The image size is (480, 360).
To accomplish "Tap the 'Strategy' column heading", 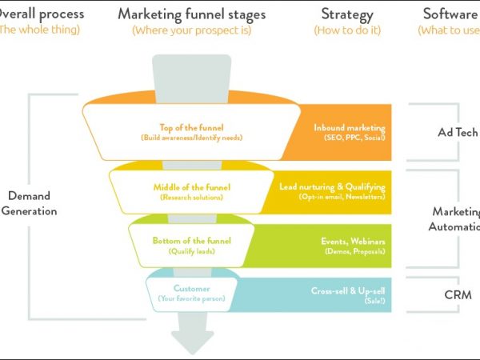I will pos(346,14).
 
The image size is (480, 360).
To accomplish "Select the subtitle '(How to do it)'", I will pos(346,30).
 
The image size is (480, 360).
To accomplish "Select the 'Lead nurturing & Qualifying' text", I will pos(333,186).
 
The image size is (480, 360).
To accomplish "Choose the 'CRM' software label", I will pos(457,294).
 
